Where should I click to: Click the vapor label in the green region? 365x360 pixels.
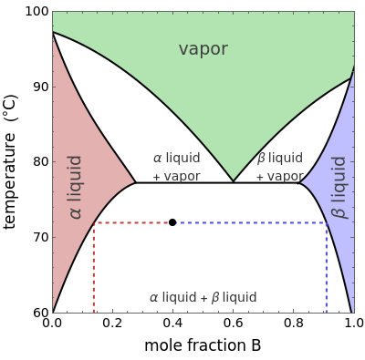click(x=203, y=49)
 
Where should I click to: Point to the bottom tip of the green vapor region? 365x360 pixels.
click(x=235, y=180)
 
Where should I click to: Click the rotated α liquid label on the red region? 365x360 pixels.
click(x=76, y=186)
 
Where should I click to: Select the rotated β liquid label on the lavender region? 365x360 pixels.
click(x=339, y=186)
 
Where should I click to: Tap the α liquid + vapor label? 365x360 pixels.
click(x=176, y=167)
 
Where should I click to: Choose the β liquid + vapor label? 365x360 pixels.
click(x=279, y=167)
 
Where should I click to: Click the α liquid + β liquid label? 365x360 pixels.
click(x=203, y=297)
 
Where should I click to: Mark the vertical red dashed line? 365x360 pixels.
click(x=93, y=269)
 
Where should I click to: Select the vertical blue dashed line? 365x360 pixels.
click(x=326, y=269)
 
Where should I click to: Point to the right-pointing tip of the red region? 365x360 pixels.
click(x=134, y=180)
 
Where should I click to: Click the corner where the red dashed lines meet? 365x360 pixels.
click(x=93, y=222)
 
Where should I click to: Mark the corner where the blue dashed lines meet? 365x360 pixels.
click(x=326, y=222)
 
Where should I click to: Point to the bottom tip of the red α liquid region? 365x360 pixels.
click(x=53, y=310)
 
